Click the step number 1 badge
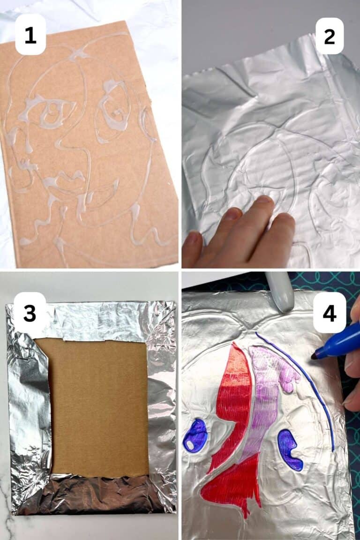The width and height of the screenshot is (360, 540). (x=30, y=35)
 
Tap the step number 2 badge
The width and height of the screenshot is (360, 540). (x=330, y=35)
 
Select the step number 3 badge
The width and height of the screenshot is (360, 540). (x=30, y=313)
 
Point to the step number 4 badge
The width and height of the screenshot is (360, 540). (x=330, y=313)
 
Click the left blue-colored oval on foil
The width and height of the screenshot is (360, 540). (x=195, y=435)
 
